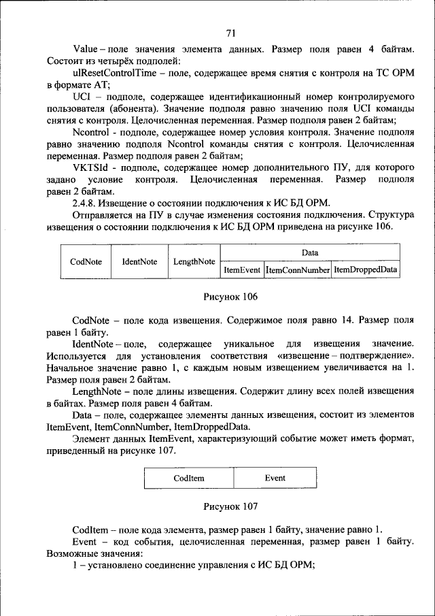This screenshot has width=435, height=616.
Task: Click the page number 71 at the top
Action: [x=230, y=33]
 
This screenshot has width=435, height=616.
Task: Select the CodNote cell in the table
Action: [x=86, y=261]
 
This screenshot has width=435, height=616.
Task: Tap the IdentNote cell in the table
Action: [x=139, y=261]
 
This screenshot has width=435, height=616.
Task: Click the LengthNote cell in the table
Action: [x=194, y=261]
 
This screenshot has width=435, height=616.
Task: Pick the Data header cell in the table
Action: [x=310, y=253]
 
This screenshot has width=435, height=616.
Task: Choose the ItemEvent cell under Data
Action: [x=242, y=270]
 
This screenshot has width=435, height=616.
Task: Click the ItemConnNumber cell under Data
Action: [x=298, y=270]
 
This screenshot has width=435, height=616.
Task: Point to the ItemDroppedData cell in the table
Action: [x=366, y=270]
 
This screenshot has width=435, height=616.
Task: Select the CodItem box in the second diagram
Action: [x=189, y=479]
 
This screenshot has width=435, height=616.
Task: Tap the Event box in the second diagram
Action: [x=275, y=479]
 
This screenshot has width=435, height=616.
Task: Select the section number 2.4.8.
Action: [x=86, y=203]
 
